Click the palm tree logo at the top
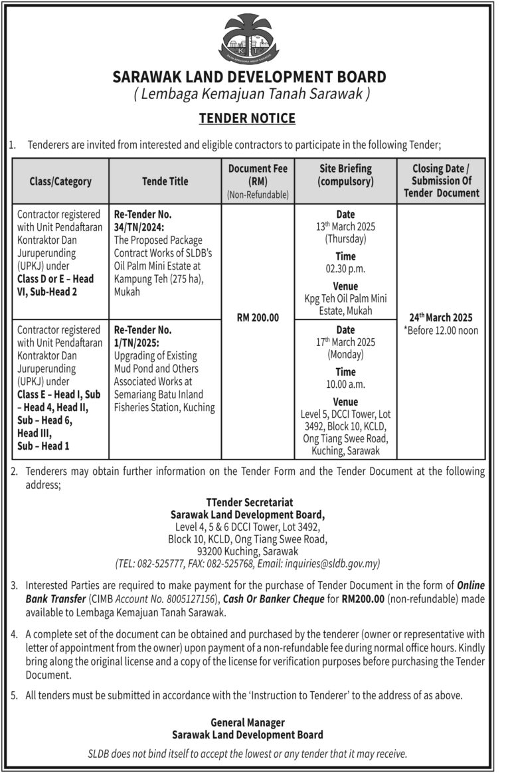(x=250, y=39)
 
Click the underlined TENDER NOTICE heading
(x=248, y=118)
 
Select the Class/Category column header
(x=60, y=181)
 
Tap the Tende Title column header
(x=165, y=181)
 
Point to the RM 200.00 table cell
(x=258, y=318)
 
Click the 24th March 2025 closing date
(x=441, y=317)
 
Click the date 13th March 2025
(x=345, y=226)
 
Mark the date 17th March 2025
(x=345, y=342)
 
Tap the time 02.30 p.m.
(x=345, y=269)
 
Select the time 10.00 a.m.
(x=345, y=385)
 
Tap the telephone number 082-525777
(x=162, y=563)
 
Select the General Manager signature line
(x=248, y=722)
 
